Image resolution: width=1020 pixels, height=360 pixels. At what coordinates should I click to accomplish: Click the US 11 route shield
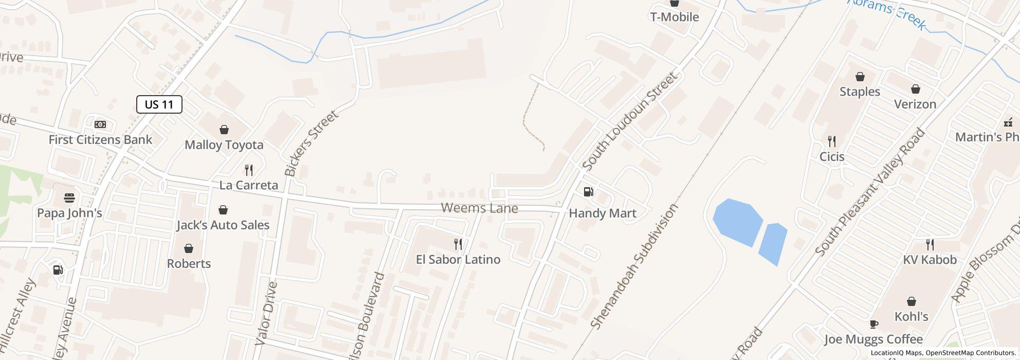(159, 104)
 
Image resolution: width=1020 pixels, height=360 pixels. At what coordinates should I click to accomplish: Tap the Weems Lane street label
(479, 208)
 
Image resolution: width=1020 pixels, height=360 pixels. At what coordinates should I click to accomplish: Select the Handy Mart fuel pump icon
(589, 192)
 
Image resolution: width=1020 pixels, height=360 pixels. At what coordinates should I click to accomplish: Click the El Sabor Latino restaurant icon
(458, 244)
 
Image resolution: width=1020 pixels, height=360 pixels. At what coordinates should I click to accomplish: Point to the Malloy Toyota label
(224, 145)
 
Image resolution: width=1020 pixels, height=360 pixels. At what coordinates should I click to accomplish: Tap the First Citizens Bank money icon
(100, 124)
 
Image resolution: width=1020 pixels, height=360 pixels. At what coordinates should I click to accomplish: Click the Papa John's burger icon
(69, 198)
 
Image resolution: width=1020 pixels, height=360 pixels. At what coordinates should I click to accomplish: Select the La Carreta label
(248, 185)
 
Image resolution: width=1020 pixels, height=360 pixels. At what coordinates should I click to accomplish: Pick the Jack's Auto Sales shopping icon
(223, 210)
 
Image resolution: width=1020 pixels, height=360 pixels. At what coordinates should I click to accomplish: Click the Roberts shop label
(189, 264)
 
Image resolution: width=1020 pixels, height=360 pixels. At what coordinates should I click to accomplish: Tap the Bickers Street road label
(312, 143)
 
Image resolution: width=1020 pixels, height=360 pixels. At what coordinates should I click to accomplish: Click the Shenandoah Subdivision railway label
(634, 266)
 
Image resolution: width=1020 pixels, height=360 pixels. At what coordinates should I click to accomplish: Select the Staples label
(860, 92)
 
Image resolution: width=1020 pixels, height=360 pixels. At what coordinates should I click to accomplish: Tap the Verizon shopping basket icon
(915, 89)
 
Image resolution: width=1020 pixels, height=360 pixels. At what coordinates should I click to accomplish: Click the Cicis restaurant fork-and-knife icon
(831, 141)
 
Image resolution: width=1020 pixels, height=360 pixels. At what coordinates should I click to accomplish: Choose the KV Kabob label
(930, 260)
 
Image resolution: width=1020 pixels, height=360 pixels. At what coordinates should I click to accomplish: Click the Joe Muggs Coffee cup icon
(873, 324)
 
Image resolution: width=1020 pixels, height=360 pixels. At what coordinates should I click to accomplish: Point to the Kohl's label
(911, 316)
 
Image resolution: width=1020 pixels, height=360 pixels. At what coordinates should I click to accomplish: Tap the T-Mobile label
(675, 17)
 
